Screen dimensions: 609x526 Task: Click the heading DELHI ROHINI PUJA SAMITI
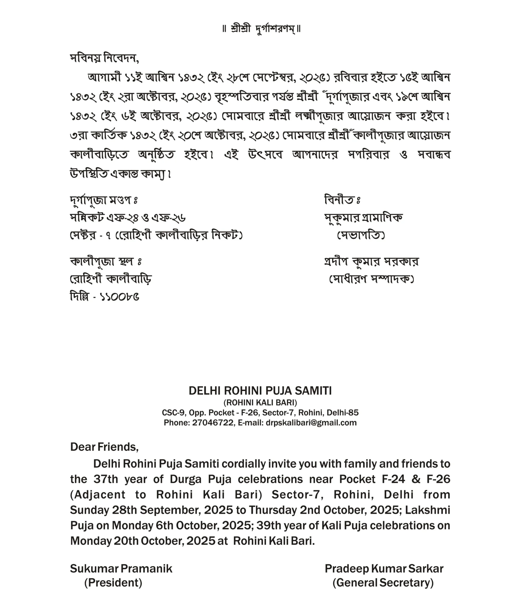click(260, 391)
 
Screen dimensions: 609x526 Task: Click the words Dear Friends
click(104, 447)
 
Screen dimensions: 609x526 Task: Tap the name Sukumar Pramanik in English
click(121, 569)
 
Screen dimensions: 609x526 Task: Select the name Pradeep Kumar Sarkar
click(384, 569)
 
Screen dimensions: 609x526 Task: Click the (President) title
click(113, 583)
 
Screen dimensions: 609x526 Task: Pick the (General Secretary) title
click(383, 583)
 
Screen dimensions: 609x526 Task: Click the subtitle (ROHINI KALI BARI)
click(260, 402)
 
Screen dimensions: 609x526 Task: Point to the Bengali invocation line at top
click(262, 29)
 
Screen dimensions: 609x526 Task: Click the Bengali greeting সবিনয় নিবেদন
click(104, 58)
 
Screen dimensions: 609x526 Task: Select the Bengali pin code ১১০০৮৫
click(119, 297)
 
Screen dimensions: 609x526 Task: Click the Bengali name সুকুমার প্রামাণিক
click(363, 217)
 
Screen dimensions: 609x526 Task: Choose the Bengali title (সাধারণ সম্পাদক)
click(371, 279)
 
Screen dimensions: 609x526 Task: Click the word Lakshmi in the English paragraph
click(427, 510)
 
